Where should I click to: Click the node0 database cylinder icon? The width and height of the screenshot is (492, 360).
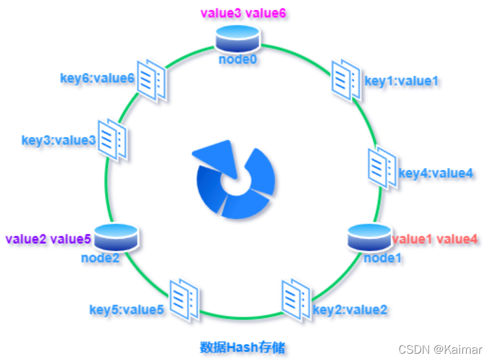[x=238, y=39]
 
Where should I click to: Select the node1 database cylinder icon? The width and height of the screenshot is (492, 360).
[x=370, y=237]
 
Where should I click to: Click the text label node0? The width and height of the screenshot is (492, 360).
[x=238, y=59]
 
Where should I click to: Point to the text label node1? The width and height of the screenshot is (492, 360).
[x=383, y=257]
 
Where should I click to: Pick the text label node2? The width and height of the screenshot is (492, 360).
[x=100, y=257]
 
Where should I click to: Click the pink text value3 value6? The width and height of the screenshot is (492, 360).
[x=243, y=13]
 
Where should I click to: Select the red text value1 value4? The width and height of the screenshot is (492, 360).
[x=435, y=239]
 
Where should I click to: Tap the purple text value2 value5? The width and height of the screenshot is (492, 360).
[x=48, y=239]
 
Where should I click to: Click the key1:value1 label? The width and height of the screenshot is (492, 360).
[x=401, y=80]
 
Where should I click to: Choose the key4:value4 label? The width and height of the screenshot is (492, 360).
[x=436, y=173]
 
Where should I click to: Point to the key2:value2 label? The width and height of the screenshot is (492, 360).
[x=350, y=309]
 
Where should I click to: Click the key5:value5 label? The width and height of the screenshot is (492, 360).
[x=127, y=309]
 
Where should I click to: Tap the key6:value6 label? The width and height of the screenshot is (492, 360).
[x=97, y=78]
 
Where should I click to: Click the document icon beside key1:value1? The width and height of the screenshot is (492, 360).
[x=346, y=79]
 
